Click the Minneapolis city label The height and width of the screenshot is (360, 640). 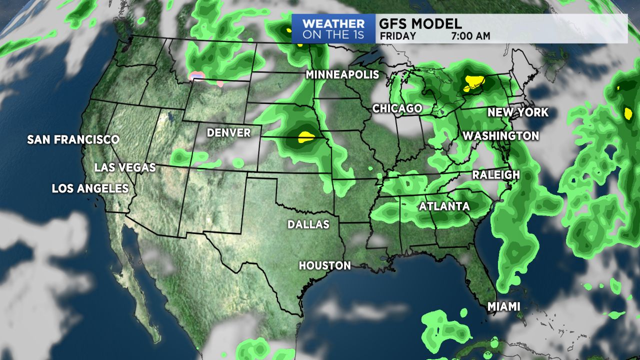[342, 75]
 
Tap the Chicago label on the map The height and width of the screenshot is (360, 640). [397, 108]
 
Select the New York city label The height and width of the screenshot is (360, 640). [518, 112]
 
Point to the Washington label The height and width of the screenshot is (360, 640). [500, 136]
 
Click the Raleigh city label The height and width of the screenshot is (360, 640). [496, 175]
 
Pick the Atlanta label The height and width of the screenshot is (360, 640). [444, 206]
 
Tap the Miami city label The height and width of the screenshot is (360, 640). [504, 306]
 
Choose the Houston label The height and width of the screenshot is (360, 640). [325, 265]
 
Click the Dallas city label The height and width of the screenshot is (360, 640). [308, 224]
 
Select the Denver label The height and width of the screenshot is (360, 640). [228, 132]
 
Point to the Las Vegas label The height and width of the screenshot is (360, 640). [125, 167]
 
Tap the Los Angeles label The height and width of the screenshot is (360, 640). [90, 188]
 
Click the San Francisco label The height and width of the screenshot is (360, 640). [73, 139]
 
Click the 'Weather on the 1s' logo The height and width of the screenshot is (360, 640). [333, 29]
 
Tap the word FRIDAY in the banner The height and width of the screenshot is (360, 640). [398, 36]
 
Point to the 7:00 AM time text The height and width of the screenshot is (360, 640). [470, 36]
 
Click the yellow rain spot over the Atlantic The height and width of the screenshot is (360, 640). [628, 113]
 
